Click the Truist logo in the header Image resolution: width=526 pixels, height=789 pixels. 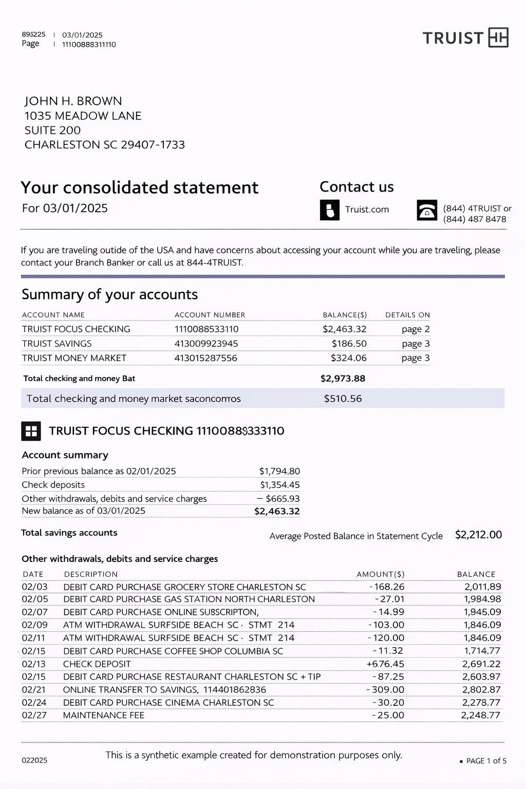tap(465, 38)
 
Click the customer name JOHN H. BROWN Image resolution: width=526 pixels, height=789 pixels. tap(73, 101)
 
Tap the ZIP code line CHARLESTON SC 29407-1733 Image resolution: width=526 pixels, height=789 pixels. tap(105, 145)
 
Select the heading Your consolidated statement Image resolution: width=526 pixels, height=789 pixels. tap(139, 187)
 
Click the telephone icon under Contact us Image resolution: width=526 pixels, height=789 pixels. tap(427, 210)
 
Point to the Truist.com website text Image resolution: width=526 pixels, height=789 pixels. tap(367, 210)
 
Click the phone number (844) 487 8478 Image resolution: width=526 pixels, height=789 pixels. tap(475, 219)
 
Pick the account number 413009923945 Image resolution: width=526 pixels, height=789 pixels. tap(206, 344)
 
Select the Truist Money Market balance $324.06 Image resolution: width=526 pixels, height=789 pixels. tap(348, 358)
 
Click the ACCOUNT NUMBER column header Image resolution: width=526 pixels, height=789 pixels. tap(210, 315)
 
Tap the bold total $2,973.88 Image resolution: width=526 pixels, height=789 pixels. tap(343, 379)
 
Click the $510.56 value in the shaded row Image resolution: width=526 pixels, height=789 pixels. tap(343, 399)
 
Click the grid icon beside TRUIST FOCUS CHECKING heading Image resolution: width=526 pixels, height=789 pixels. tap(31, 431)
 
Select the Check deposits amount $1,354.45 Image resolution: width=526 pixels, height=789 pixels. tap(279, 485)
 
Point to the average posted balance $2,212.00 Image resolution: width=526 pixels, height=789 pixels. tap(478, 535)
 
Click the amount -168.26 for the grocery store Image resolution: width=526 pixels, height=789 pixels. tap(387, 587)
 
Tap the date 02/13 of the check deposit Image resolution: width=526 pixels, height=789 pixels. tap(34, 664)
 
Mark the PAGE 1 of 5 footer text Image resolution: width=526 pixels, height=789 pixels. tap(486, 761)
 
